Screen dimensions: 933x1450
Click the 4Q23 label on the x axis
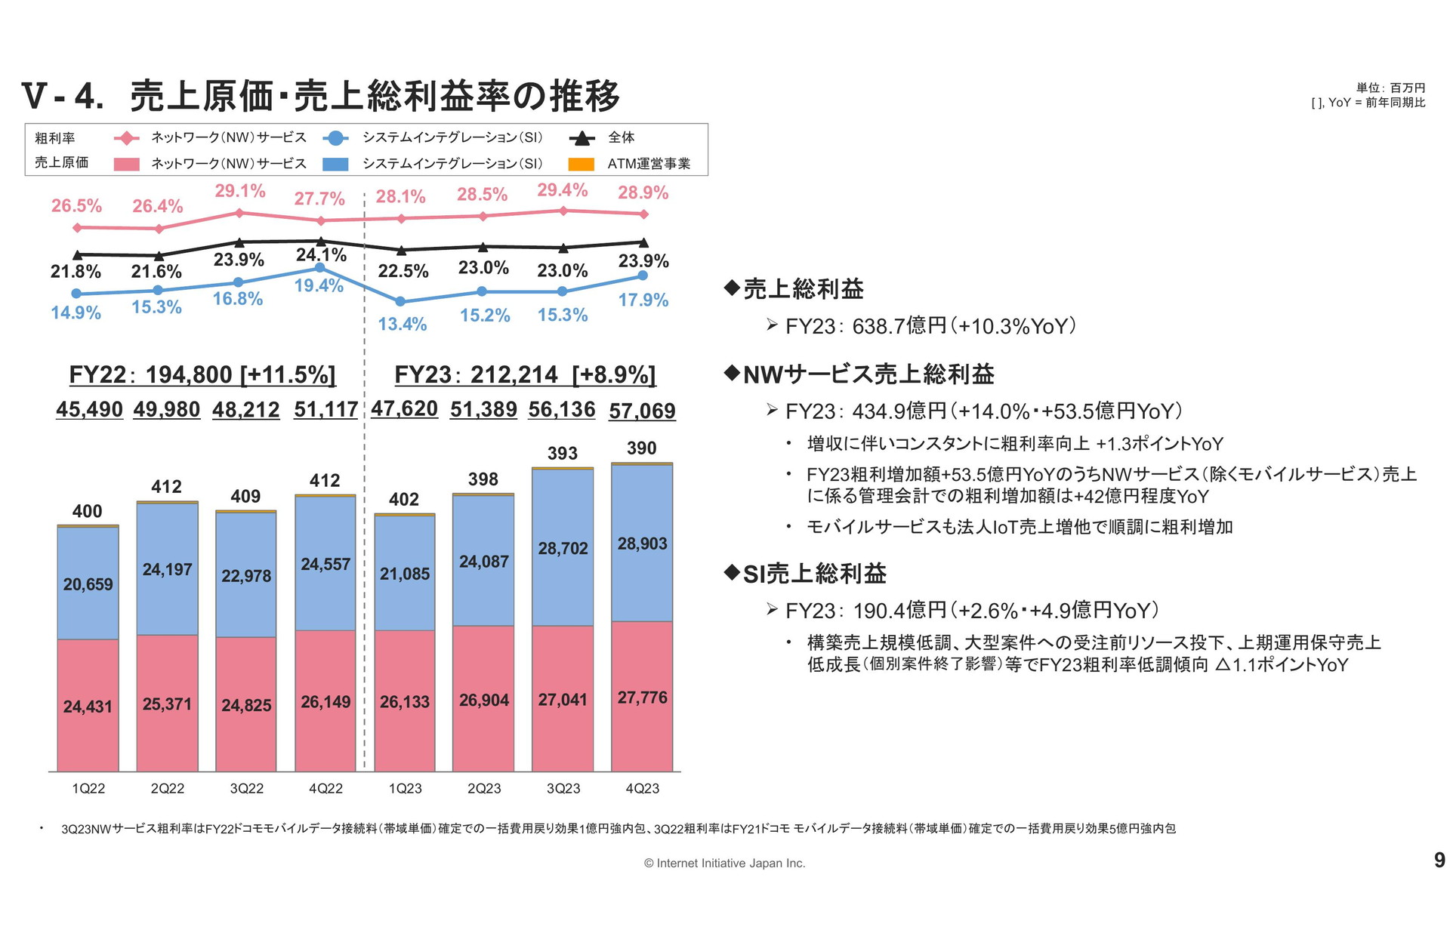pyautogui.click(x=642, y=788)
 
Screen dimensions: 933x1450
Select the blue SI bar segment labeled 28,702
pyautogui.click(x=563, y=548)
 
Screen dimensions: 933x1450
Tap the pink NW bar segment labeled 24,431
pyautogui.click(x=88, y=706)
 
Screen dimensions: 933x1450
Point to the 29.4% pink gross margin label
pyautogui.click(x=562, y=190)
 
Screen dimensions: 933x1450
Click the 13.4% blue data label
pyautogui.click(x=403, y=324)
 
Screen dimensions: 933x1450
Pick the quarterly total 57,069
pyautogui.click(x=642, y=411)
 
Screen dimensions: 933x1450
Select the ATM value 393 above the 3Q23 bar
pyautogui.click(x=563, y=453)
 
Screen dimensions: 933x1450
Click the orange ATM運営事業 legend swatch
pyautogui.click(x=581, y=164)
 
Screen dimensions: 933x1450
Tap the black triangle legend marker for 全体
pyautogui.click(x=582, y=138)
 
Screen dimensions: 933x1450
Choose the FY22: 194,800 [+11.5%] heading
pyautogui.click(x=202, y=374)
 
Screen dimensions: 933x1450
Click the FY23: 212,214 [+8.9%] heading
pyautogui.click(x=525, y=374)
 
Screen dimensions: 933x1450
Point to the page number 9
pyautogui.click(x=1439, y=860)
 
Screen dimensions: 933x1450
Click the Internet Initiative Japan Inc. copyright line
pyautogui.click(x=724, y=863)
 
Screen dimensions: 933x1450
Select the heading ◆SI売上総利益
pyautogui.click(x=805, y=574)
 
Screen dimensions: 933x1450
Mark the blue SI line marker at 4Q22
pyautogui.click(x=320, y=268)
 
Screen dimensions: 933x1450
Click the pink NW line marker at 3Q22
pyautogui.click(x=239, y=213)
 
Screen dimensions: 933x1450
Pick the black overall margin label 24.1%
pyautogui.click(x=321, y=254)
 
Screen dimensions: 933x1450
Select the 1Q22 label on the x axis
pyautogui.click(x=88, y=788)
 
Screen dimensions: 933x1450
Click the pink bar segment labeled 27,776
pyautogui.click(x=642, y=697)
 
